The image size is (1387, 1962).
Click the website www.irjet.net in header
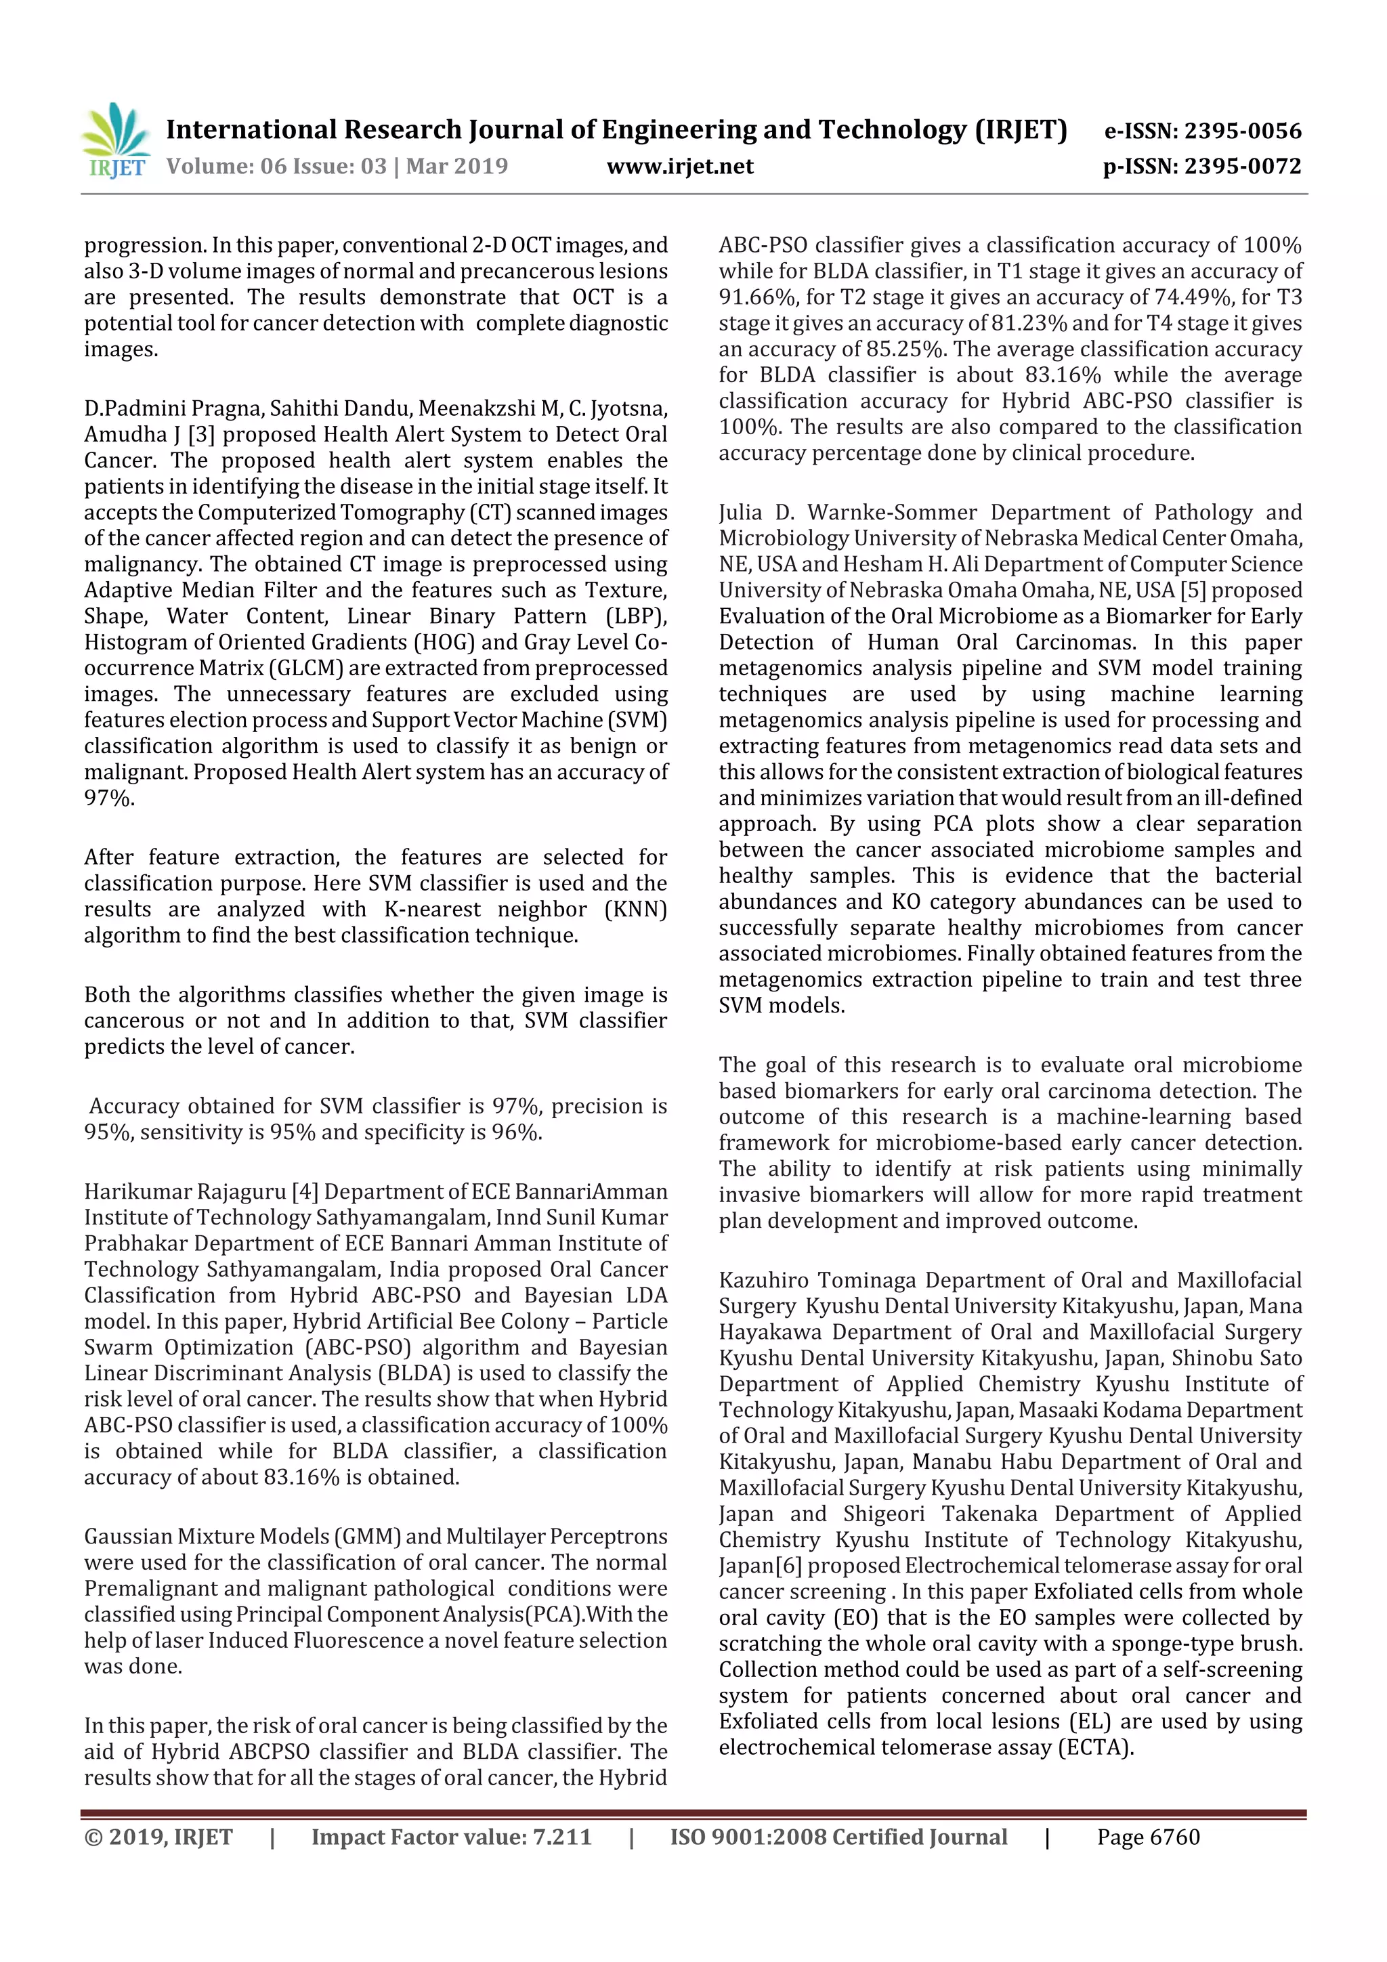pos(679,167)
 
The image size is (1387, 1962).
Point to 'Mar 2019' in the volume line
pos(456,167)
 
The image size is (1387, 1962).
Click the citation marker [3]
pos(202,435)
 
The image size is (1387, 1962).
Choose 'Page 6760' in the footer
pos(1148,1837)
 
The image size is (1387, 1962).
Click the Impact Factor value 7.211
pos(562,1837)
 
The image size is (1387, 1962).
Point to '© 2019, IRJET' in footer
pos(158,1837)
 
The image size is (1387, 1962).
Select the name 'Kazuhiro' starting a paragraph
pos(763,1281)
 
